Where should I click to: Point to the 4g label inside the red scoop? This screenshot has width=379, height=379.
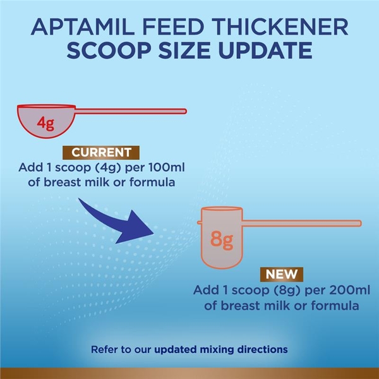point(45,122)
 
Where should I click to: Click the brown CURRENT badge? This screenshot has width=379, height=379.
point(101,153)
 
